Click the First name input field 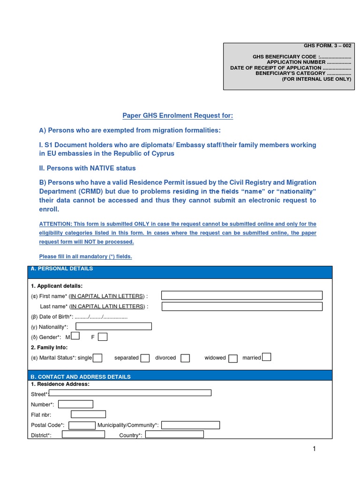[242, 295]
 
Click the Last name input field [242, 307]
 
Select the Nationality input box [114, 326]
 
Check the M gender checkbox [75, 336]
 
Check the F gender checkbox [103, 337]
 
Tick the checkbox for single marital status [97, 358]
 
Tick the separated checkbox [145, 358]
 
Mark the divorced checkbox [185, 358]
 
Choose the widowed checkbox [233, 358]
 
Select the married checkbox [266, 357]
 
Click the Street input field [130, 393]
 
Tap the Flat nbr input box [88, 414]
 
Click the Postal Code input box [82, 425]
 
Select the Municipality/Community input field [190, 425]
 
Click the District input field [83, 435]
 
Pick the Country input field [174, 435]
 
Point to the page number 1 [315, 449]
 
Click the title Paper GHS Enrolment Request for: [178, 116]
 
